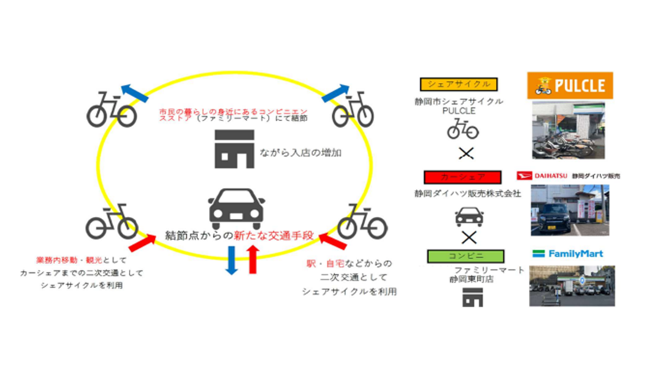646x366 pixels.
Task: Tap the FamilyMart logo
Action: coord(567,254)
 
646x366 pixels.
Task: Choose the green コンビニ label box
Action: coord(459,254)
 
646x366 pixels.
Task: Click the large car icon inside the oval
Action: coord(235,207)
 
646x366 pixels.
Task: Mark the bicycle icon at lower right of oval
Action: coord(362,220)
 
